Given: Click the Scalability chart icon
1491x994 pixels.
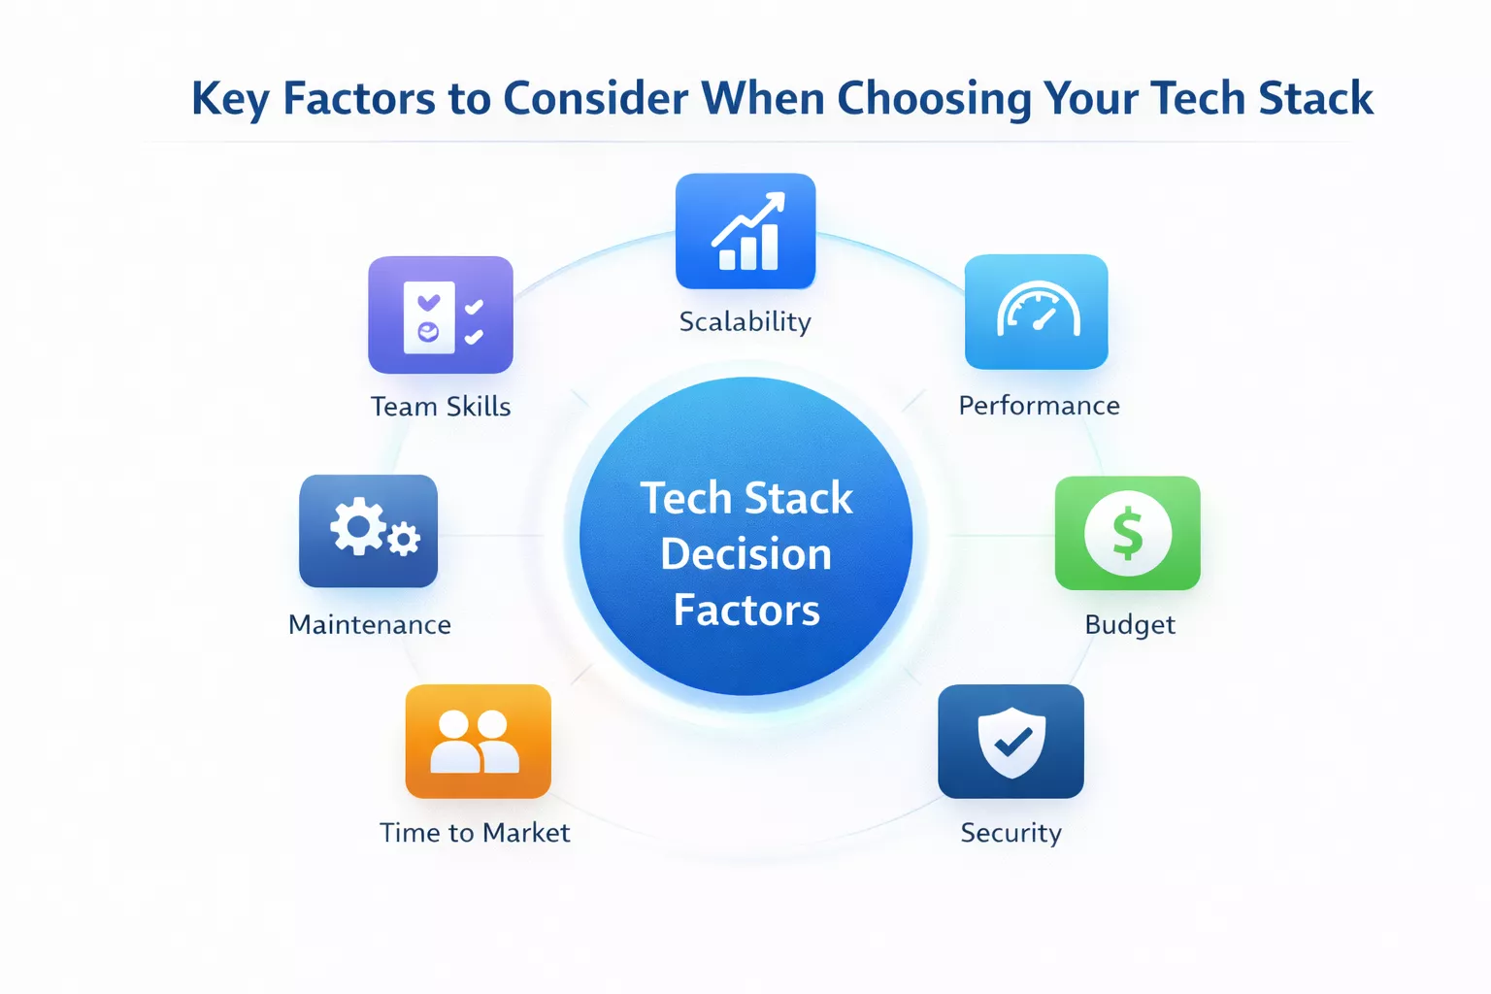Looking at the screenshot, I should coord(745,231).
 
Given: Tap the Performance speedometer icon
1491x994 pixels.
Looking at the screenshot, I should coord(1036,312).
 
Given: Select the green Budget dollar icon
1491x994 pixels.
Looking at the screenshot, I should coord(1127,533).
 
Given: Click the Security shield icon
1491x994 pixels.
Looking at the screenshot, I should coord(1011,742).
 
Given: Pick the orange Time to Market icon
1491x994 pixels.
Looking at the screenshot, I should coord(478,742).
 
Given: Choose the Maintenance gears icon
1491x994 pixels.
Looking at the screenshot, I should coord(368,531).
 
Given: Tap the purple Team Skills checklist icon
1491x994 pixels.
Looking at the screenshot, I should coord(440,315).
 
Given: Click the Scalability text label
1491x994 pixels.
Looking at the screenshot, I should coord(745,322).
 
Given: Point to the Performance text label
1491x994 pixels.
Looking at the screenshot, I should coord(1039,406).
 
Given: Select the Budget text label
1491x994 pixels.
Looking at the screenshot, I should coord(1129,625).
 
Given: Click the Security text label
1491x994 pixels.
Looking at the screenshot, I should coord(1011,834).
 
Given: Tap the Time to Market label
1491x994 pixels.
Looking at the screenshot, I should coord(475,833).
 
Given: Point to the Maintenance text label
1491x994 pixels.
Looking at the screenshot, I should coord(370,625).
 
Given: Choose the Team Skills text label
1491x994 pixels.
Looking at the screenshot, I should coord(440,407).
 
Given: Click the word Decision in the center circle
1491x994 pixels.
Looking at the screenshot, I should coord(745,554).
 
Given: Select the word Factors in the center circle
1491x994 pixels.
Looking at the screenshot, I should coord(745,611).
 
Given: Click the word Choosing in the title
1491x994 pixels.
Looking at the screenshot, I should coord(933,99).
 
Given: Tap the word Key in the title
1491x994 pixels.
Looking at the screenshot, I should coord(230,99).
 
